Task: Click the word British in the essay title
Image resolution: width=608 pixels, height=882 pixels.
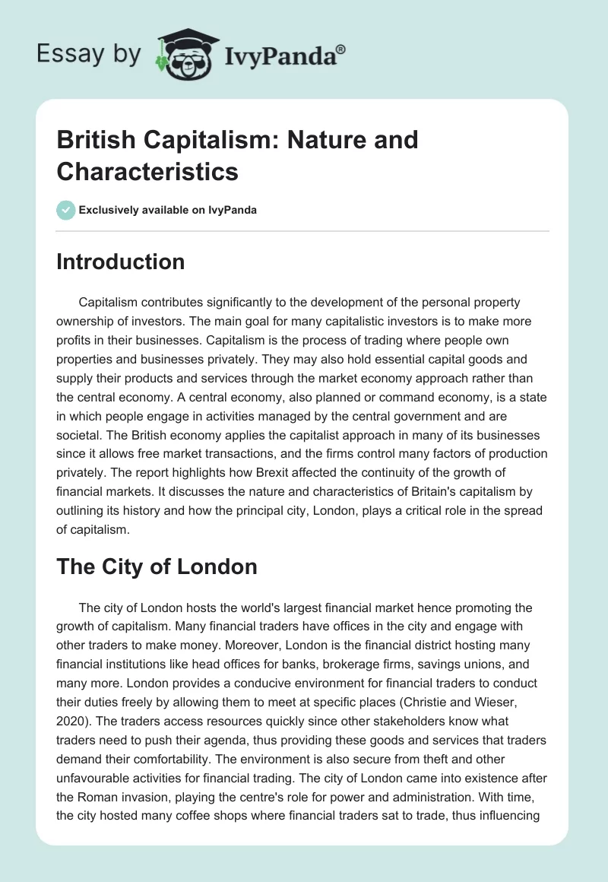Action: (94, 141)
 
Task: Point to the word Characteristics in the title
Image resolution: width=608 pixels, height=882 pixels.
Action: (147, 171)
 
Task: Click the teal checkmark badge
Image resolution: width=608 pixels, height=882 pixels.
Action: (66, 211)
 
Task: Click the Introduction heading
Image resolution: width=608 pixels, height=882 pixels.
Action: (121, 262)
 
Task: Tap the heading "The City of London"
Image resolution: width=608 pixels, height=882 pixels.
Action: (157, 566)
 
